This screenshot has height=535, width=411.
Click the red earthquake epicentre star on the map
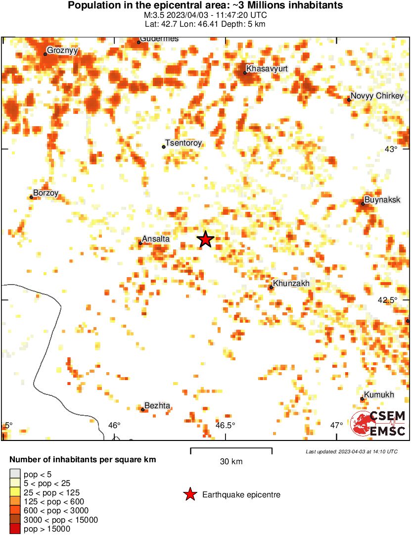tap(205, 240)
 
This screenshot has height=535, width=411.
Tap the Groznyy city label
tap(63, 50)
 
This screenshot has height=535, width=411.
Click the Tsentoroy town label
tap(184, 143)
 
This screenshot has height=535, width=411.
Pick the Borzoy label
tap(46, 193)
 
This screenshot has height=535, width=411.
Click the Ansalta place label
tap(156, 239)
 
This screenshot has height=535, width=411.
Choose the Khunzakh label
tap(291, 284)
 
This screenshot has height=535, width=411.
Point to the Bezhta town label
tap(157, 406)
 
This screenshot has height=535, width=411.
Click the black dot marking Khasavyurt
tap(245, 73)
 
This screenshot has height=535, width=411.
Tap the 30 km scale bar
tap(231, 449)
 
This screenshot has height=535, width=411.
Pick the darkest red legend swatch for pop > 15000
tap(15, 529)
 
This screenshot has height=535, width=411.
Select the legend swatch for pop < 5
tap(15, 474)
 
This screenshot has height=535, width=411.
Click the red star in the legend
tap(189, 494)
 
